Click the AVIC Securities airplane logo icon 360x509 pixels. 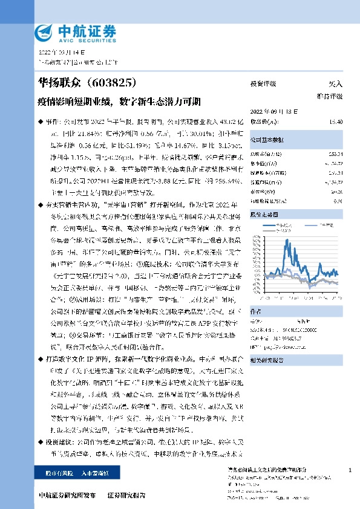(47, 32)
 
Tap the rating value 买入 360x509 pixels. (336, 84)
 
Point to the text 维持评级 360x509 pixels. (330, 96)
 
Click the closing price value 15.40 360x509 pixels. (336, 122)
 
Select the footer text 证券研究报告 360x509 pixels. (126, 496)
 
